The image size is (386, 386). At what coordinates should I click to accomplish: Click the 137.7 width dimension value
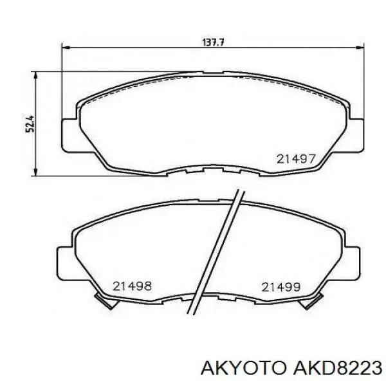click(213, 42)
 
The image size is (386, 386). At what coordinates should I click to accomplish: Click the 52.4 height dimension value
click(30, 124)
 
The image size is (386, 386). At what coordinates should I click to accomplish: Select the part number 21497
click(296, 159)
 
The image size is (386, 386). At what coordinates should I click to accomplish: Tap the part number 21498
click(132, 286)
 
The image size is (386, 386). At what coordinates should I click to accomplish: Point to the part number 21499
click(281, 287)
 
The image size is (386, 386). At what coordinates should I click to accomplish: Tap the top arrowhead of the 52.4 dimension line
click(36, 77)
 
